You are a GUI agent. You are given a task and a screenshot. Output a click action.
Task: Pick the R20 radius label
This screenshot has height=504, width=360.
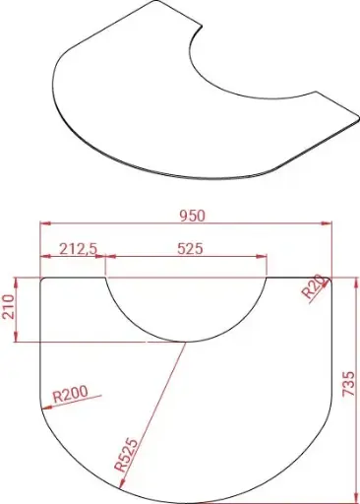[313, 287]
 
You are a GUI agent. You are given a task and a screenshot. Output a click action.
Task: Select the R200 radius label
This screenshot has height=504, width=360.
[69, 395]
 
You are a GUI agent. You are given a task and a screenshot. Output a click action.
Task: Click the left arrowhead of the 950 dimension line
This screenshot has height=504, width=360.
[44, 224]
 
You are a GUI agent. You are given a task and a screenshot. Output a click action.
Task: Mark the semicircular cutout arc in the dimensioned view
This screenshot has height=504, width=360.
[186, 340]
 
